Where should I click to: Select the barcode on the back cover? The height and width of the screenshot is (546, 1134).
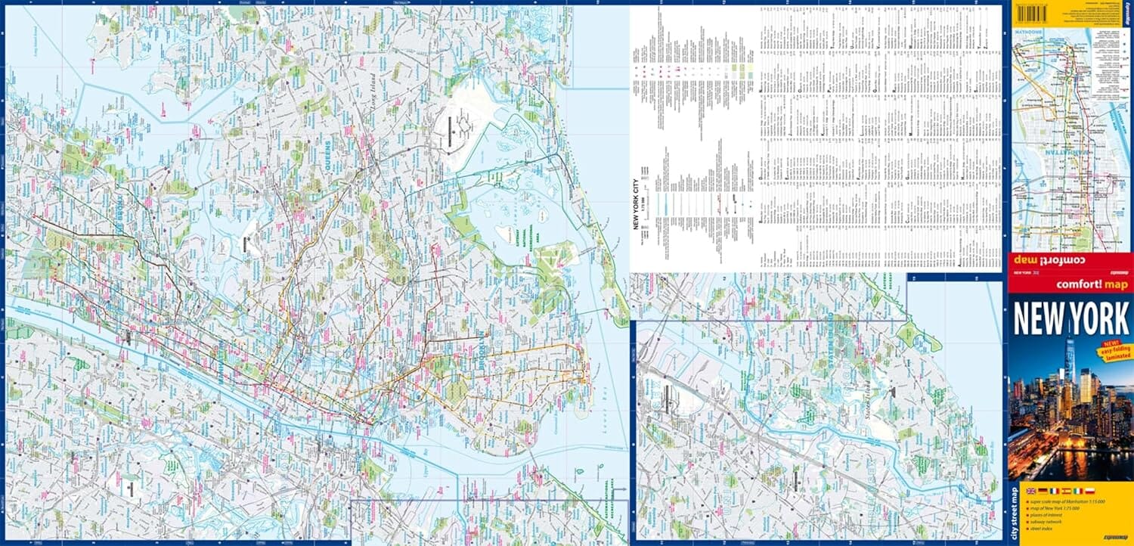point(1040,13)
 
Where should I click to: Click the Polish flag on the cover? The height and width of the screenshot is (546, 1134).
point(1089,491)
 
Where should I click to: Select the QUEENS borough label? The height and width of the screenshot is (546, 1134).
point(328,156)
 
